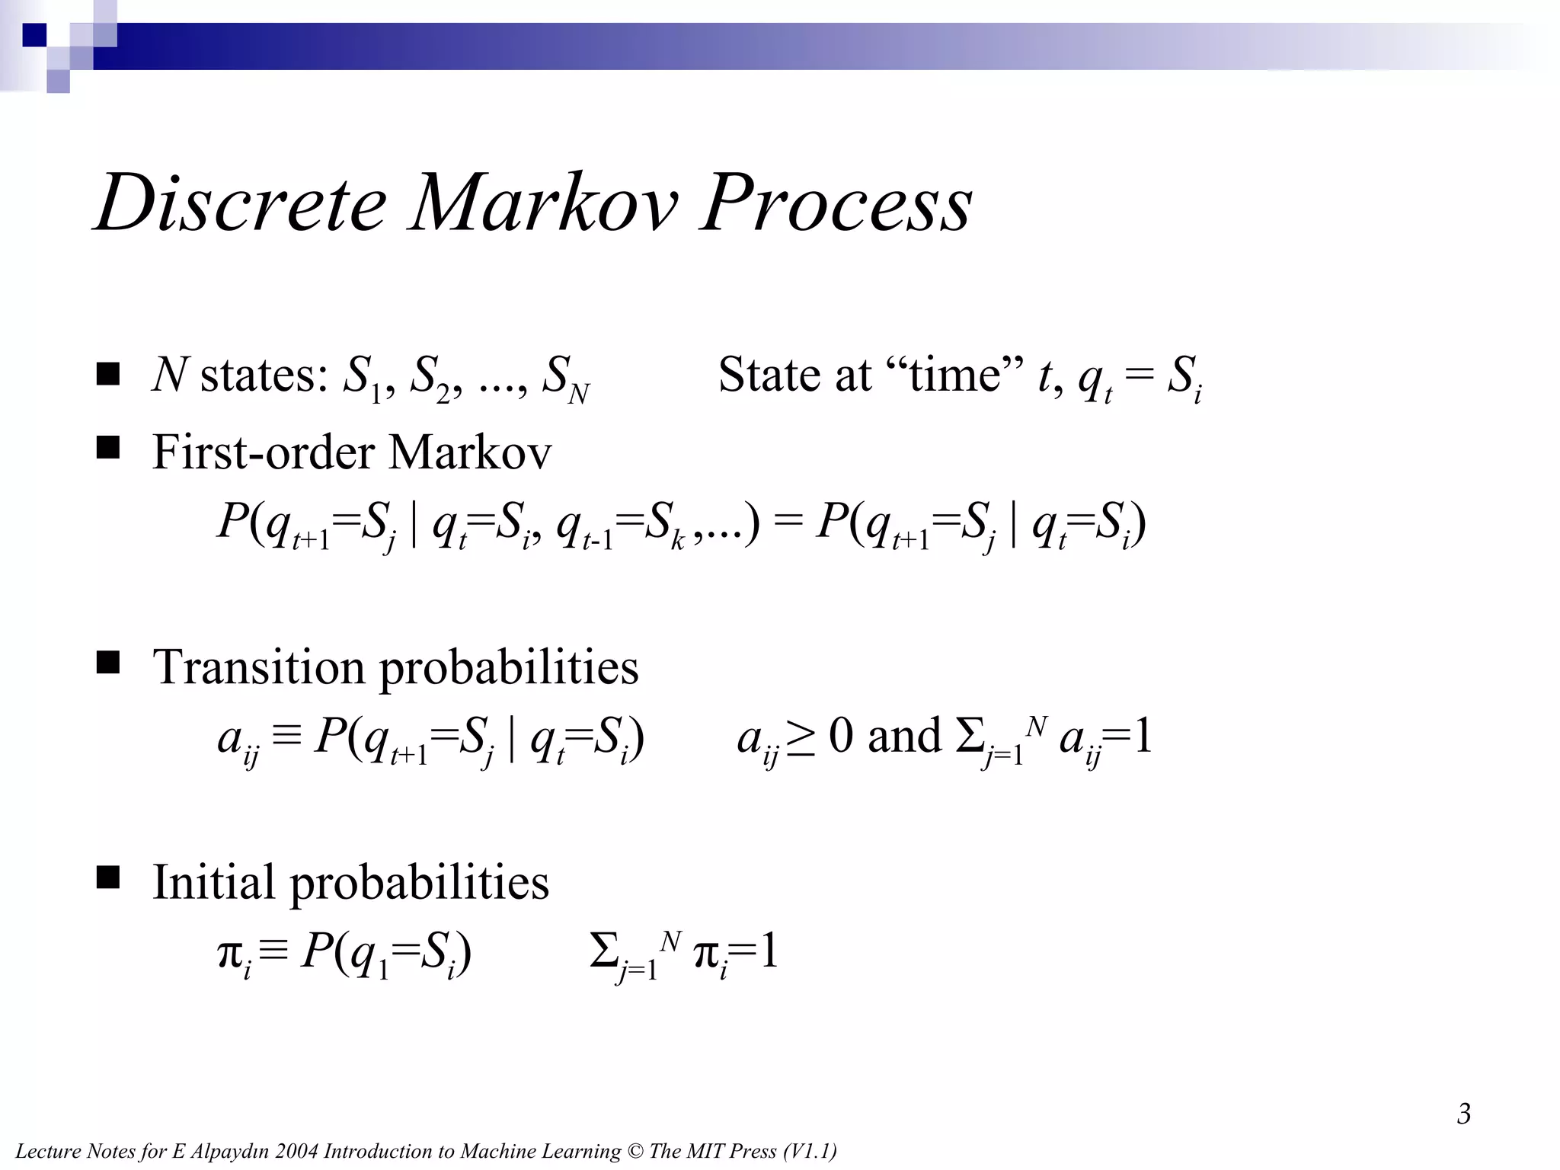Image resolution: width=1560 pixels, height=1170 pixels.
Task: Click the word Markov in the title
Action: pos(543,203)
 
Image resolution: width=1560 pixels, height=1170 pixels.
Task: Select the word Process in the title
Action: pos(836,203)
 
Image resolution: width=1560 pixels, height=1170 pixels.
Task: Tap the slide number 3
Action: pos(1463,1114)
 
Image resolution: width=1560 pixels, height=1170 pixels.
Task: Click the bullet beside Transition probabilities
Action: pos(109,663)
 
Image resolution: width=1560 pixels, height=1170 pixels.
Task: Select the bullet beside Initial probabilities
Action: pos(109,878)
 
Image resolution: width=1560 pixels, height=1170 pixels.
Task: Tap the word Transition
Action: pos(259,667)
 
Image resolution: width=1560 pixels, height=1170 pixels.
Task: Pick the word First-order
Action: pos(264,452)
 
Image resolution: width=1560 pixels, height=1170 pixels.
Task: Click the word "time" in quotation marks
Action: pos(954,375)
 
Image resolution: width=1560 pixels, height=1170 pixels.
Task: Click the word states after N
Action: pos(264,376)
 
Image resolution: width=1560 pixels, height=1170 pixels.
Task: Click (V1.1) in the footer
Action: pos(809,1151)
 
